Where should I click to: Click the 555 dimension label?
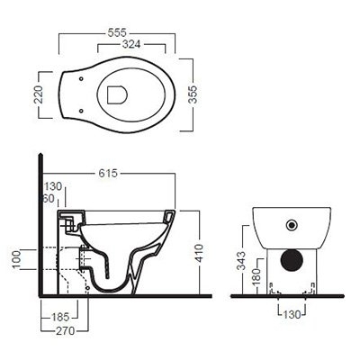117,32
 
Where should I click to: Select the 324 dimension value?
131,44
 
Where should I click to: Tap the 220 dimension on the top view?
39,94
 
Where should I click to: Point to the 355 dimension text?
193,94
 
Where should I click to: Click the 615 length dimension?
108,174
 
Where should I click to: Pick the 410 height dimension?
199,253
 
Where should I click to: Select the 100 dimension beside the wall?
16,259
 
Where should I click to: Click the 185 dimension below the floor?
59,317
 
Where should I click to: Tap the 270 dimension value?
65,331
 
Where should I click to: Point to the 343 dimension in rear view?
240,260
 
